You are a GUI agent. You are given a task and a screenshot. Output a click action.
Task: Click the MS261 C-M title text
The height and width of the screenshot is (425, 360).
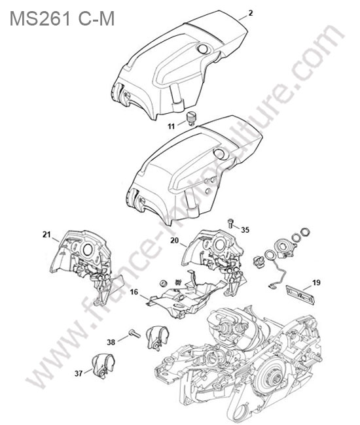pyautogui.click(x=62, y=18)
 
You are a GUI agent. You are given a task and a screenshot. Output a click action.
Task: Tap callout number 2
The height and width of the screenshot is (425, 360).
pyautogui.click(x=251, y=12)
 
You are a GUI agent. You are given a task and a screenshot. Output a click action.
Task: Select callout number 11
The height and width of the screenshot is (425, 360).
pyautogui.click(x=171, y=126)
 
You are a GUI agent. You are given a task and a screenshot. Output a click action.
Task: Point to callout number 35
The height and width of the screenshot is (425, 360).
pyautogui.click(x=245, y=230)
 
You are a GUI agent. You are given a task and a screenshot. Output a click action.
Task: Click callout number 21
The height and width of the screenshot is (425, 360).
pyautogui.click(x=46, y=235)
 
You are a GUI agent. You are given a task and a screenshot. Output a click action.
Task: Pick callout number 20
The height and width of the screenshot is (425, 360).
pyautogui.click(x=175, y=240)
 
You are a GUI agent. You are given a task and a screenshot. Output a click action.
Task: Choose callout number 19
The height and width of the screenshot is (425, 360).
pyautogui.click(x=316, y=282)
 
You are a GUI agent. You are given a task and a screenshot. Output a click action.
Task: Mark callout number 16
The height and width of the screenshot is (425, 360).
pyautogui.click(x=134, y=292)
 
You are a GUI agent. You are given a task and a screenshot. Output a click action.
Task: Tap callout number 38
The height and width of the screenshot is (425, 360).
pyautogui.click(x=111, y=343)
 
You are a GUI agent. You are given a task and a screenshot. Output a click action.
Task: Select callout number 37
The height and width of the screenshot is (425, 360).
pyautogui.click(x=79, y=373)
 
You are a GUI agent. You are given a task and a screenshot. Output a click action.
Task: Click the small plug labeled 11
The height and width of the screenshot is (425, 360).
pyautogui.click(x=190, y=118)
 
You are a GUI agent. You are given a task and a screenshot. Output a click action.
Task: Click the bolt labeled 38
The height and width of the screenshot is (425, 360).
pyautogui.click(x=134, y=333)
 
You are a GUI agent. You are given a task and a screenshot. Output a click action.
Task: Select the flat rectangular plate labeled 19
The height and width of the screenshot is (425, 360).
pyautogui.click(x=300, y=295)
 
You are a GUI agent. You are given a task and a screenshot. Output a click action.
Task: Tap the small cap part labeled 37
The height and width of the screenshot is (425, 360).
pyautogui.click(x=102, y=365)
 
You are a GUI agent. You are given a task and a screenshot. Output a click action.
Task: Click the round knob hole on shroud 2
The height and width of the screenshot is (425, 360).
pyautogui.click(x=203, y=48)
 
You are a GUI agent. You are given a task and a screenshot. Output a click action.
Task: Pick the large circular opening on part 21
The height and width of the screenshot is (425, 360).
pyautogui.click(x=88, y=250)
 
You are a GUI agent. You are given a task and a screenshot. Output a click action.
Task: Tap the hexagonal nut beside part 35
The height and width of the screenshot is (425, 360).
pyautogui.click(x=305, y=231)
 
